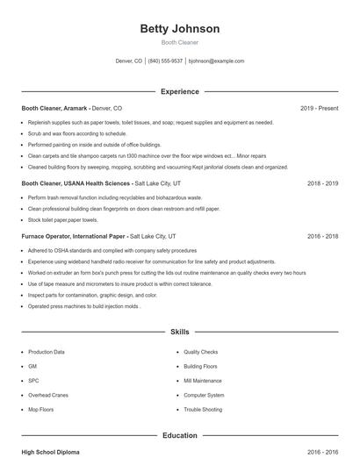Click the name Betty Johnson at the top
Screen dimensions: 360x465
tap(180, 29)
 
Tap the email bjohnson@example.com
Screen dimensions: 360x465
tap(216, 61)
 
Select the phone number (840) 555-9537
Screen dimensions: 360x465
tap(165, 61)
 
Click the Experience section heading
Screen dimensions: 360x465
tap(180, 91)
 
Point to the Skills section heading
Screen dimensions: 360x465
tap(180, 333)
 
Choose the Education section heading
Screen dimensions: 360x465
tap(180, 435)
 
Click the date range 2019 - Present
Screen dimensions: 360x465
tap(319, 108)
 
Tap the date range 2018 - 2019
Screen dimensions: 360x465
tap(322, 184)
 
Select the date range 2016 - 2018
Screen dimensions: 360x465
tap(322, 236)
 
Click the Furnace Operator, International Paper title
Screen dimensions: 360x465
tap(74, 236)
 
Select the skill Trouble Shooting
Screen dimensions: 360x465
tap(205, 410)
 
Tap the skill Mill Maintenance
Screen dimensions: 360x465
tap(203, 381)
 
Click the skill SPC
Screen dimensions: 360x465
tap(33, 381)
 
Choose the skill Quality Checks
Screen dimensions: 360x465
tap(201, 352)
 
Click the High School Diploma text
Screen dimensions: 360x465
tap(50, 452)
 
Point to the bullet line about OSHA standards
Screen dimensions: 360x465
tap(112, 250)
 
